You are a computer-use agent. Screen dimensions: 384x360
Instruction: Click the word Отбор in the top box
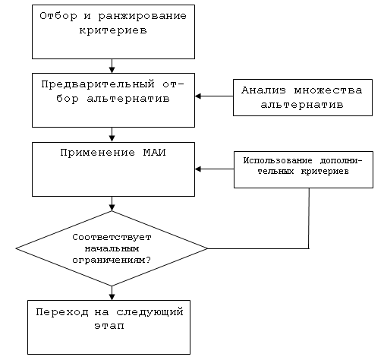pyautogui.click(x=58, y=16)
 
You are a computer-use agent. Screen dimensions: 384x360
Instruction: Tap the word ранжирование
pyautogui.click(x=143, y=17)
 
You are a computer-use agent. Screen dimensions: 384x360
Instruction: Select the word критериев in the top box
pyautogui.click(x=113, y=30)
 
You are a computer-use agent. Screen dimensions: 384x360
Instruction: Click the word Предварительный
pyautogui.click(x=98, y=84)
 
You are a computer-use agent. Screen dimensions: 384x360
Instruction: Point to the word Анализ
pyautogui.click(x=263, y=90)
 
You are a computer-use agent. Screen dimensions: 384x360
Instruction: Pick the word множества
pyautogui.click(x=328, y=90)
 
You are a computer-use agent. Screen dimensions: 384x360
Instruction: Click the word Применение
pyautogui.click(x=98, y=153)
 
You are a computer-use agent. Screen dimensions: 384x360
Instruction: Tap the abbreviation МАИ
pyautogui.click(x=155, y=153)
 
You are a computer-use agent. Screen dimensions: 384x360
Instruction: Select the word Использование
pyautogui.click(x=278, y=160)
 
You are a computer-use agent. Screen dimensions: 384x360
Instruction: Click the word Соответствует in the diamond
pyautogui.click(x=112, y=237)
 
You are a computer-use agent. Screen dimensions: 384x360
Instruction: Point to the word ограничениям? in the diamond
pyautogui.click(x=112, y=260)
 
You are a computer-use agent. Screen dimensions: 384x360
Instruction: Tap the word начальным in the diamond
pyautogui.click(x=112, y=248)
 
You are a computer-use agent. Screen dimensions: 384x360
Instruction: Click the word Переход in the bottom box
pyautogui.click(x=62, y=312)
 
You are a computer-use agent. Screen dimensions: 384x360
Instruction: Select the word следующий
pyautogui.click(x=150, y=312)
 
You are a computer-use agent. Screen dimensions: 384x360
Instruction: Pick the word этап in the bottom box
pyautogui.click(x=109, y=326)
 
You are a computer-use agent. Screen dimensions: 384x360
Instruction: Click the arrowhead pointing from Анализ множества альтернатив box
pyautogui.click(x=198, y=96)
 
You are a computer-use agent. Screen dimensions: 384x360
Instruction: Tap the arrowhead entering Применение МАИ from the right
pyautogui.click(x=198, y=169)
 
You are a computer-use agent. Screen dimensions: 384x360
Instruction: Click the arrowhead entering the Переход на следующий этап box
pyautogui.click(x=112, y=297)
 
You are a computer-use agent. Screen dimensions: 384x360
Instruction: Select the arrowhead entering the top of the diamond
pyautogui.click(x=112, y=207)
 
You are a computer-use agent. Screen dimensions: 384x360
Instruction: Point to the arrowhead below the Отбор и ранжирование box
pyautogui.click(x=112, y=70)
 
